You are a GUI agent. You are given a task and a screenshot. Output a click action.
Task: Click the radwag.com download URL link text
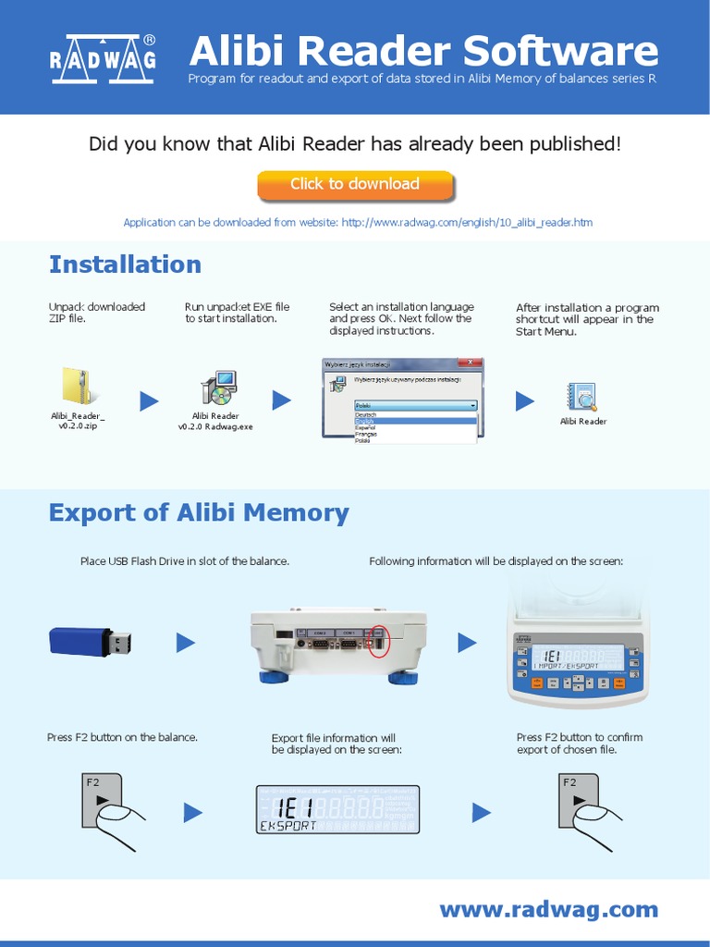(x=467, y=223)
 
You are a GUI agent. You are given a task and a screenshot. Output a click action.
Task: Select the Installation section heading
(x=125, y=264)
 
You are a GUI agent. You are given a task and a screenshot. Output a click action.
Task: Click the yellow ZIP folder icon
(x=76, y=386)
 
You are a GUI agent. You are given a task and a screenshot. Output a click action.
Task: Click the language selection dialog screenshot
(x=402, y=400)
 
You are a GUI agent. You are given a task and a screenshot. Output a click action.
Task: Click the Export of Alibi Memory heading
(x=199, y=513)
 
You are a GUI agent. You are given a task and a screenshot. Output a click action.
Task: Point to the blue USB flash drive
(x=90, y=641)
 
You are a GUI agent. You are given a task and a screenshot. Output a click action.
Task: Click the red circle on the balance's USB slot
(x=377, y=640)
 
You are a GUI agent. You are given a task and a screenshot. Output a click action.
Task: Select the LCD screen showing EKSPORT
(x=337, y=810)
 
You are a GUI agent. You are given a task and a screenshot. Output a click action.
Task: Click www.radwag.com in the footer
(x=549, y=910)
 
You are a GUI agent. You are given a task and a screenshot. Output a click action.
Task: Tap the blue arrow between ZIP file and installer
(x=149, y=400)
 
